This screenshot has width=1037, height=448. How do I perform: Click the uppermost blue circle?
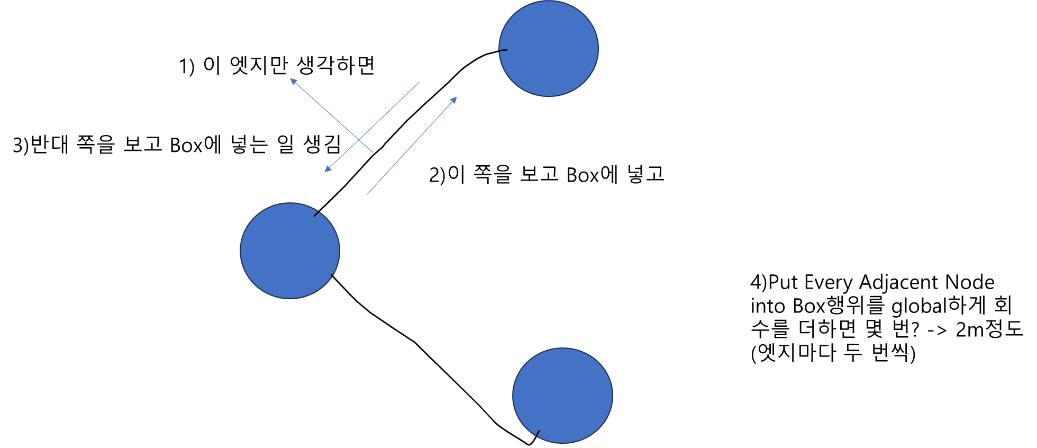549,48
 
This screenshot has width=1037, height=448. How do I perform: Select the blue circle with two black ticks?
290,250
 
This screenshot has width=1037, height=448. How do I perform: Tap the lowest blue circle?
562,395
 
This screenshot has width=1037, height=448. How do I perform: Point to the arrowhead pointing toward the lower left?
327,170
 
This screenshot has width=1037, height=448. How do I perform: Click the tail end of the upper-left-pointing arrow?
373,153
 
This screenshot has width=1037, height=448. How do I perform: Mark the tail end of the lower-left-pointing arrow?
420,82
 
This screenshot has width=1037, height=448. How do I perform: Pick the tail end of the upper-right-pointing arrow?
367,194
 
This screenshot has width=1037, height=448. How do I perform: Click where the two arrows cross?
359,140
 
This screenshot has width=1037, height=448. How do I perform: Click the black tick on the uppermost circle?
503,50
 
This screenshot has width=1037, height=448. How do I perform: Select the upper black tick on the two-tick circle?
317,214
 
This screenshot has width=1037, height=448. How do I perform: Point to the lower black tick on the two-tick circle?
332,276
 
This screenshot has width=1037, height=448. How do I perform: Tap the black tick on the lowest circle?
538,434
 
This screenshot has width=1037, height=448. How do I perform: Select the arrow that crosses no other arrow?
412,146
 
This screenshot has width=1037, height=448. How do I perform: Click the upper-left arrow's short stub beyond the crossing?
367,147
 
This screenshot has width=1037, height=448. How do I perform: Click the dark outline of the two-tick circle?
241,250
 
